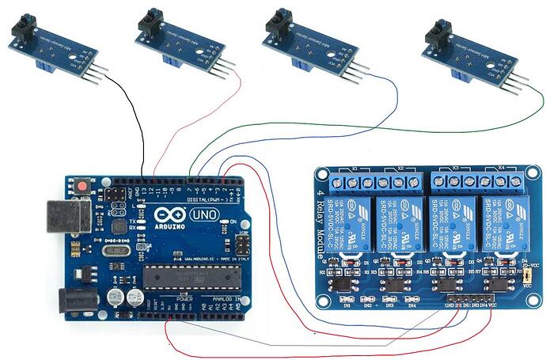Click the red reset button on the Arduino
tap(83, 187)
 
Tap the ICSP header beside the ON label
tap(243, 244)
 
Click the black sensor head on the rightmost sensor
tap(435, 33)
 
